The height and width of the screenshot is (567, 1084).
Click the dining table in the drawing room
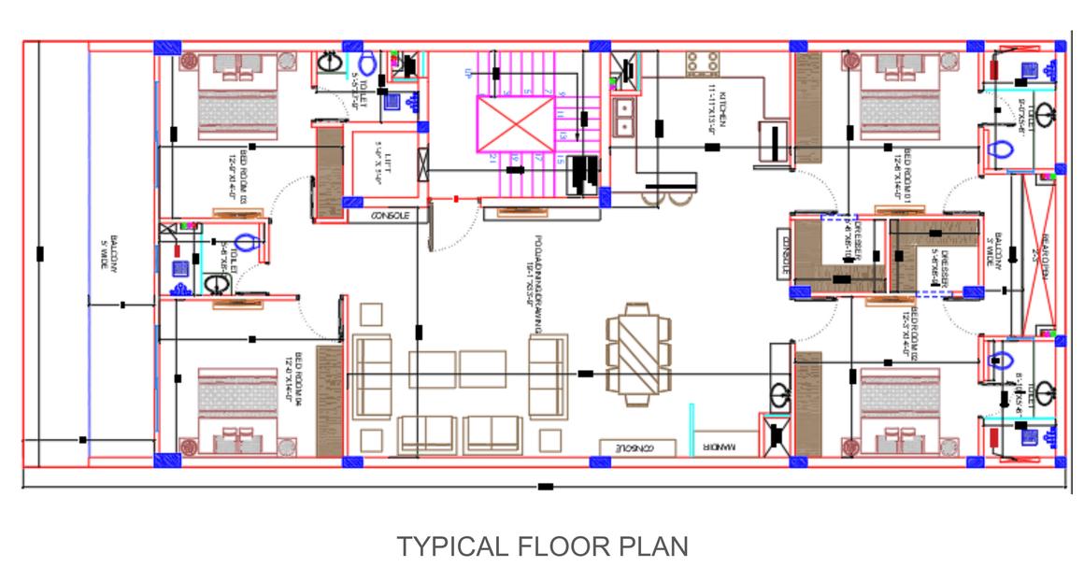click(638, 352)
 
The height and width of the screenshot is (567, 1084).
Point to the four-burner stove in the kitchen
click(703, 64)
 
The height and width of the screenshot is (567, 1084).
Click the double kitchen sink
click(623, 116)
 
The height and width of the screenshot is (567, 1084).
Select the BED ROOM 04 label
click(298, 375)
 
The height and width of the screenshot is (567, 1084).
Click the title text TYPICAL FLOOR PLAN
click(542, 546)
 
